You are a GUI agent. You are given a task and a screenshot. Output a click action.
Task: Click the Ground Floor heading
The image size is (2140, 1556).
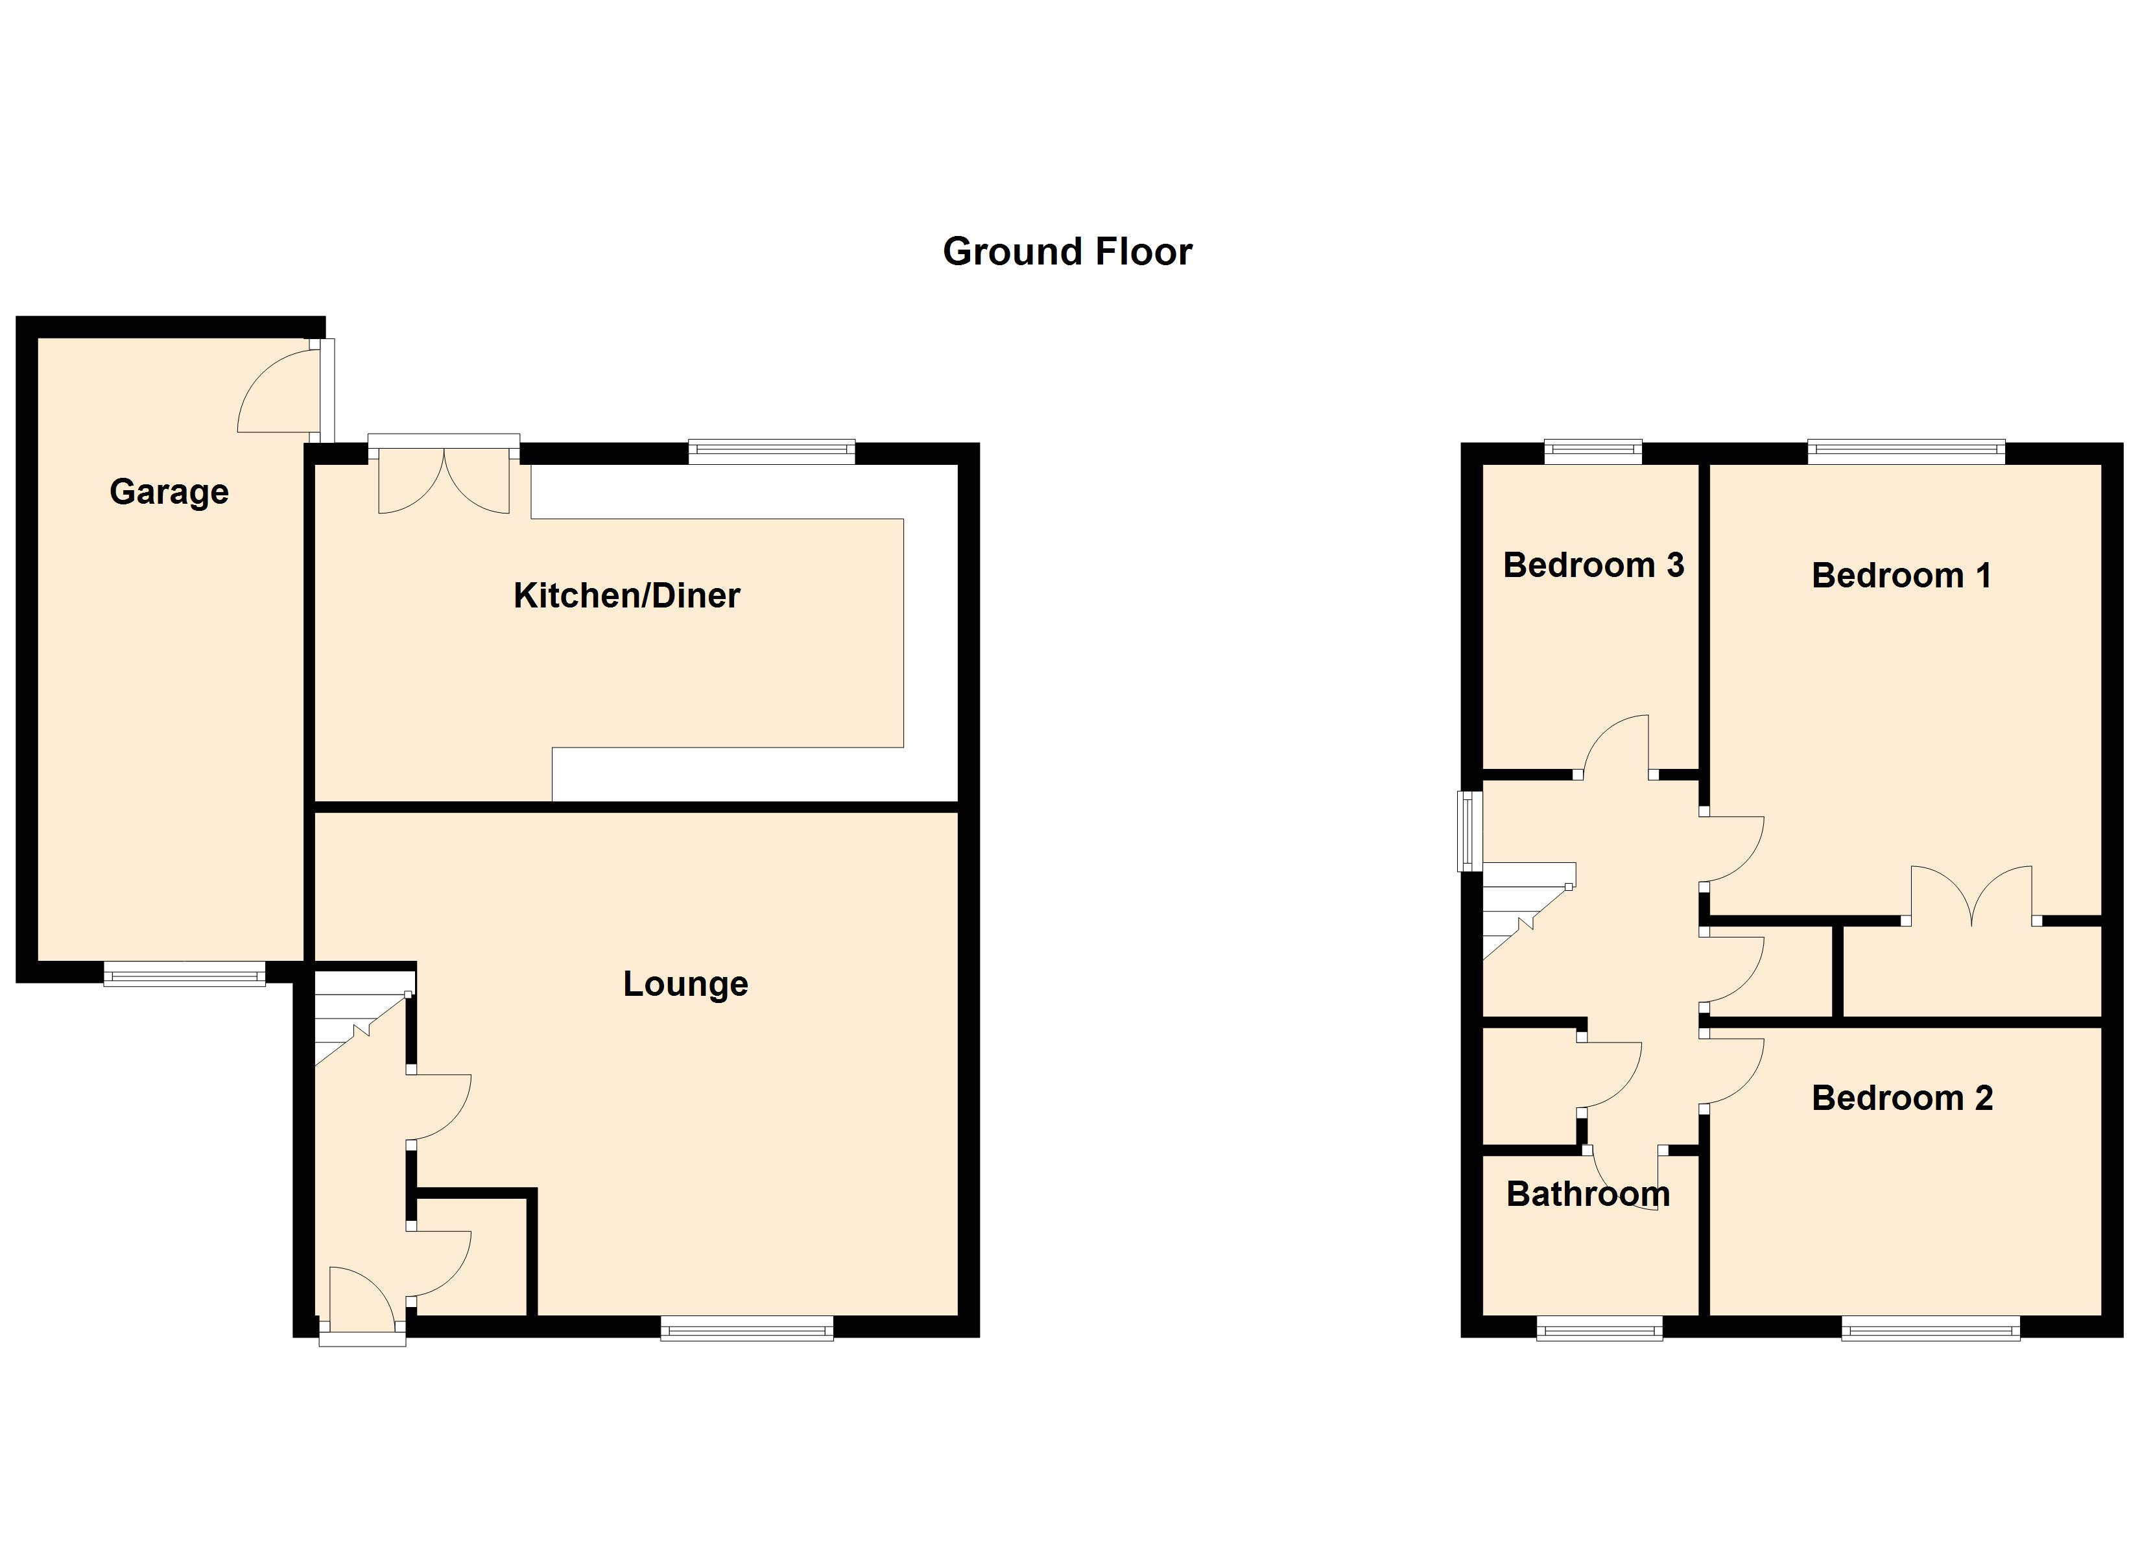pos(1067,252)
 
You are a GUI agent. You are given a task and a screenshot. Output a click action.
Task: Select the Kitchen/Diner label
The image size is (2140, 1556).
pos(626,595)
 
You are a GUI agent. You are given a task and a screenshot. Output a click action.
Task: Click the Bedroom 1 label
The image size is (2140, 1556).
pos(1901,576)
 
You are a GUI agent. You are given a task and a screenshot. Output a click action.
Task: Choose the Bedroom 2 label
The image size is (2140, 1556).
pos(1902,1098)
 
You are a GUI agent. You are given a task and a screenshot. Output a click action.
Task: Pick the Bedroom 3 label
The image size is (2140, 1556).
pos(1594,565)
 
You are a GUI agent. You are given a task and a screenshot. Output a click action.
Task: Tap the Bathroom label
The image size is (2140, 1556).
pos(1588,1195)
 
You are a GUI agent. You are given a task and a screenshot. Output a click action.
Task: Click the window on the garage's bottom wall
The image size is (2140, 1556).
pos(185,974)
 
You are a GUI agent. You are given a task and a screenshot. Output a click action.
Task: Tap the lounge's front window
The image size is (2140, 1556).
pos(747,1328)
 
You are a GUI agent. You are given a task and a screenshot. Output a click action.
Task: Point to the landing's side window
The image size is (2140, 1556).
pos(1470,831)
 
